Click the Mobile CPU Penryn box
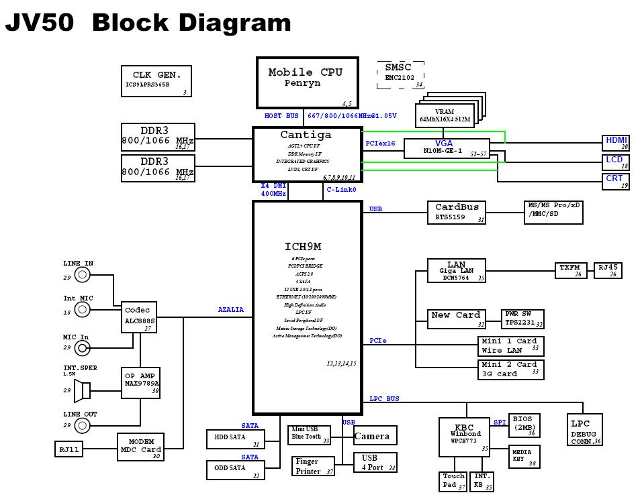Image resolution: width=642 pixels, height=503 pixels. click(x=307, y=82)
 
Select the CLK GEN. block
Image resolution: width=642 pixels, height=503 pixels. click(x=156, y=80)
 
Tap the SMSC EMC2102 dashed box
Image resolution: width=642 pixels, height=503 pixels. click(x=400, y=74)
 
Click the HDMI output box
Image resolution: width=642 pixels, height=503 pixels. click(x=615, y=143)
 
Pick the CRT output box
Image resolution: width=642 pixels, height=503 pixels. click(x=615, y=181)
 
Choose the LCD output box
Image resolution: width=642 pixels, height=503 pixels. click(x=615, y=162)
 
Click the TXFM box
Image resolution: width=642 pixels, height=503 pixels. click(x=571, y=270)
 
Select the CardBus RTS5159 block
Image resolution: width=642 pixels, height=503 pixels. click(x=457, y=213)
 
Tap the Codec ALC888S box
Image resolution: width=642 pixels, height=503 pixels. click(x=140, y=316)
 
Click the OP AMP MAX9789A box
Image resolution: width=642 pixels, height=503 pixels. click(x=141, y=383)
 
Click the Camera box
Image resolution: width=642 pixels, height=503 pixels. click(x=375, y=435)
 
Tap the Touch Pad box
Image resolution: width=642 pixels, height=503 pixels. click(x=453, y=481)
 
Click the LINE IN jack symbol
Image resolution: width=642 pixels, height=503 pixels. click(x=83, y=274)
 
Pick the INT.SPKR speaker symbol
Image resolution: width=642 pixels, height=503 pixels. click(x=83, y=390)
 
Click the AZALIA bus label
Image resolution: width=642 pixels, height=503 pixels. click(x=230, y=310)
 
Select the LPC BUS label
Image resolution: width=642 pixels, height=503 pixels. click(x=384, y=398)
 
